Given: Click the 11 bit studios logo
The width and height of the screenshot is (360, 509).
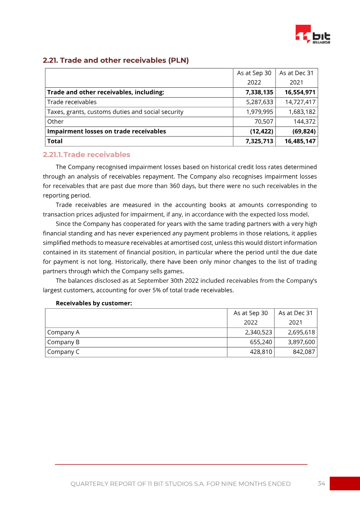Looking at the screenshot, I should pyautogui.click(x=313, y=35).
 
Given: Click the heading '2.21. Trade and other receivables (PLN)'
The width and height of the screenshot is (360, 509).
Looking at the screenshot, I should pyautogui.click(x=116, y=60).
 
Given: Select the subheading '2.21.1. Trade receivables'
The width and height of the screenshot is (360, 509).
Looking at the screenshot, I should pyautogui.click(x=86, y=155).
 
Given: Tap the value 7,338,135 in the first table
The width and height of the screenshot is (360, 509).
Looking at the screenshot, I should pyautogui.click(x=256, y=92).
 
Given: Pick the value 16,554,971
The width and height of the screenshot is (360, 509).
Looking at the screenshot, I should pyautogui.click(x=300, y=92).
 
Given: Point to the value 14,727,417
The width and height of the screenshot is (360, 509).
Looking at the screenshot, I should pyautogui.click(x=300, y=102).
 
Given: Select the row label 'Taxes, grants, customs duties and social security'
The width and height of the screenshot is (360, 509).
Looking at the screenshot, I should pyautogui.click(x=115, y=112).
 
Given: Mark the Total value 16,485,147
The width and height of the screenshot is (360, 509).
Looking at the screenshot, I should pyautogui.click(x=300, y=141).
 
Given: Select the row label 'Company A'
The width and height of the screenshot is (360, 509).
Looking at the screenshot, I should pyautogui.click(x=63, y=333).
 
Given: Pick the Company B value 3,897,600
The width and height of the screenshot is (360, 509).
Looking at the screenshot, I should pyautogui.click(x=301, y=342).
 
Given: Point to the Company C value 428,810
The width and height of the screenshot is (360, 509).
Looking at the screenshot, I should pyautogui.click(x=261, y=352).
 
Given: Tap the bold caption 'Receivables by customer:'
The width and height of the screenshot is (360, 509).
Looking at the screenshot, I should pyautogui.click(x=94, y=303).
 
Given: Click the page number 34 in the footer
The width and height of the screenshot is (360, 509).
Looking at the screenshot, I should pyautogui.click(x=321, y=483).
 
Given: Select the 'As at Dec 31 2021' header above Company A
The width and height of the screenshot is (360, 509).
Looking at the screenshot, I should pyautogui.click(x=296, y=317).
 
